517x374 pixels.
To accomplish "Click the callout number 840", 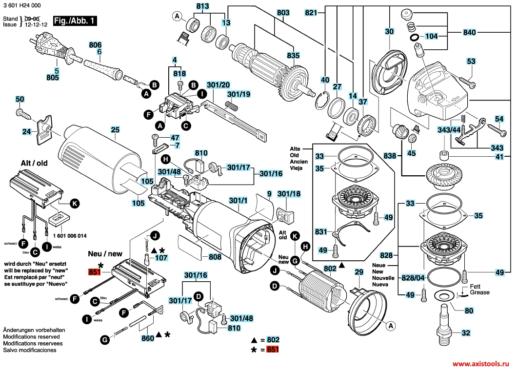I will [x=469, y=33].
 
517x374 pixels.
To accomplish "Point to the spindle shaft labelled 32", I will [x=446, y=322].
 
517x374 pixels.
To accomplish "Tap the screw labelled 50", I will [x=24, y=113].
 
